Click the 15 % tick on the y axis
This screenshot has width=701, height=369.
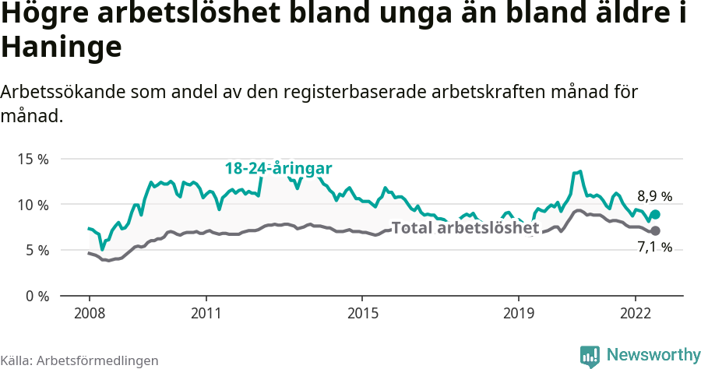pyautogui.click(x=33, y=159)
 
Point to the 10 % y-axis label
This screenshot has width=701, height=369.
pyautogui.click(x=33, y=205)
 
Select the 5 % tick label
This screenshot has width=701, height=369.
pyautogui.click(x=36, y=250)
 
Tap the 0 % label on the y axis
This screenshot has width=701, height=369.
pyautogui.click(x=36, y=296)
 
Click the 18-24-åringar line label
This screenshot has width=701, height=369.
pyautogui.click(x=279, y=168)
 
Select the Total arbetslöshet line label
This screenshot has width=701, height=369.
pyautogui.click(x=465, y=228)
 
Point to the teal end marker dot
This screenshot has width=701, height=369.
pyautogui.click(x=655, y=215)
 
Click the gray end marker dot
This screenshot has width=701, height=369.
pyautogui.click(x=655, y=230)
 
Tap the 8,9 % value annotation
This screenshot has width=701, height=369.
pyautogui.click(x=654, y=196)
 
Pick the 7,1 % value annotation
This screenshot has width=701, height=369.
pyautogui.click(x=654, y=248)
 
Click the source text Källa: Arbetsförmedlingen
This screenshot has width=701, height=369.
pyautogui.click(x=79, y=360)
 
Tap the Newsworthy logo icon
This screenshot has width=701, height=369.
pyautogui.click(x=590, y=356)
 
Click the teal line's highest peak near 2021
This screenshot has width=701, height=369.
pyautogui.click(x=579, y=171)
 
